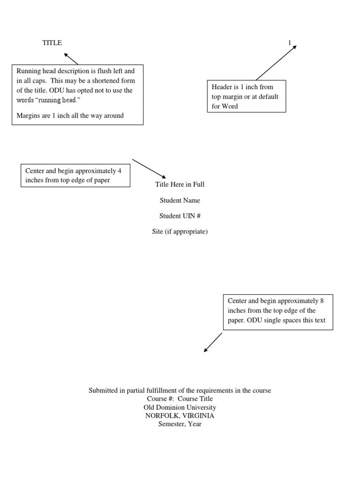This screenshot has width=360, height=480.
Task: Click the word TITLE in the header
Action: (x=52, y=43)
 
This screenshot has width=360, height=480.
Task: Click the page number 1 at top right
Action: (x=290, y=43)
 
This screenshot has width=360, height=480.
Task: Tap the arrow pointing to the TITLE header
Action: (x=71, y=59)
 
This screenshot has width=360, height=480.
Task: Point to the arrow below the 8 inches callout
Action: (x=213, y=343)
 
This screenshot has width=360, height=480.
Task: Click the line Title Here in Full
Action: (x=180, y=184)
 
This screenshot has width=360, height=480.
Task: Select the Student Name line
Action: (x=180, y=200)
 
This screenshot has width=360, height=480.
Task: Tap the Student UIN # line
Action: (x=180, y=216)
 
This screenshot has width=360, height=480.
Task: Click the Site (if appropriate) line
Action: (x=180, y=232)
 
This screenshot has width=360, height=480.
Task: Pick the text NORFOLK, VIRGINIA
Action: (x=180, y=416)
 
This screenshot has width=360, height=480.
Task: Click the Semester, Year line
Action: (x=180, y=424)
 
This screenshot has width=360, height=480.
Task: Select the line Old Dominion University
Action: (x=180, y=407)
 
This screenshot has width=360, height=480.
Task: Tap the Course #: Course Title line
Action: (x=180, y=399)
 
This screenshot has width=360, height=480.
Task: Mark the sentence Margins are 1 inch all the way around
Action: (x=70, y=115)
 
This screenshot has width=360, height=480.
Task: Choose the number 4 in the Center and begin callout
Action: (x=120, y=171)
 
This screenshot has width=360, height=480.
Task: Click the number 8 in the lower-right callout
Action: (x=322, y=301)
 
